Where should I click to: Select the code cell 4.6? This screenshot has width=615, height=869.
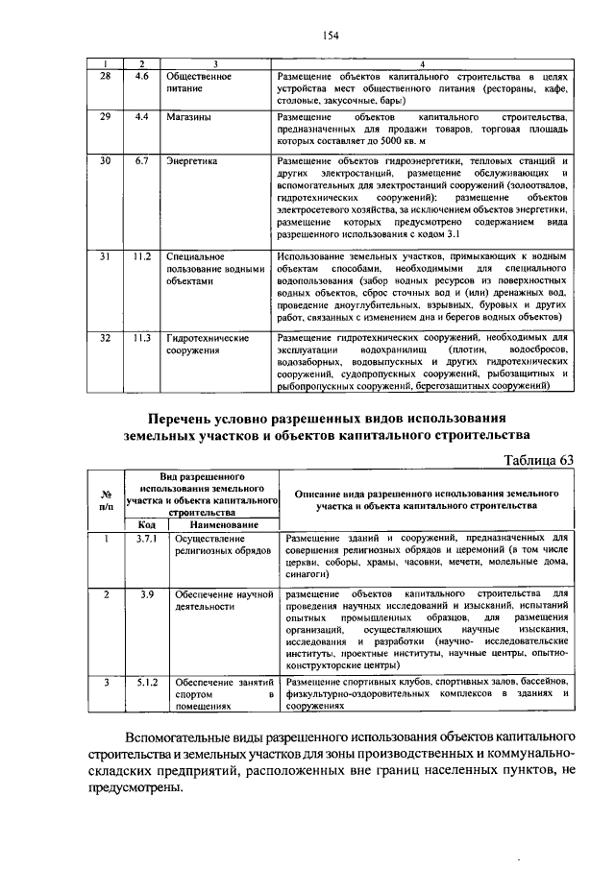141,74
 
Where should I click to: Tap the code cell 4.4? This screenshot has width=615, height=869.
141,116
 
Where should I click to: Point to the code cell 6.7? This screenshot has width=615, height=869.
141,160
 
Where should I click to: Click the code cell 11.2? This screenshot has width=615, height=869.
142,256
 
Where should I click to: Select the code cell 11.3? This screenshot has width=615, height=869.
142,337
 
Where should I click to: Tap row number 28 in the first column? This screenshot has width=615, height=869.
106,74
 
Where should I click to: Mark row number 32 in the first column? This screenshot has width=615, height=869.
106,337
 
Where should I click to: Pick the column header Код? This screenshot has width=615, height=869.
146,525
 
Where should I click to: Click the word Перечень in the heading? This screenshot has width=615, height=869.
188,420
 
